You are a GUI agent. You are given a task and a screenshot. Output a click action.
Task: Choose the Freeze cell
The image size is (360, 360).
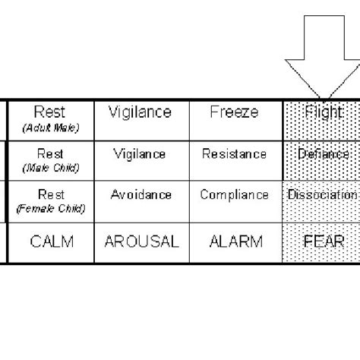[234, 113]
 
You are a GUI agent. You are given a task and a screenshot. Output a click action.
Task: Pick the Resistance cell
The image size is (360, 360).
[234, 154]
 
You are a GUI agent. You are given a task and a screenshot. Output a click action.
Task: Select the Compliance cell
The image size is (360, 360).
[234, 194]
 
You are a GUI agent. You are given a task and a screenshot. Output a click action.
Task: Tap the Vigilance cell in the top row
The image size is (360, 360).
[140, 113]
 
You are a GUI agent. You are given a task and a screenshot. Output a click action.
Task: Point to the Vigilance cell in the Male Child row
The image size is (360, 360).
[140, 154]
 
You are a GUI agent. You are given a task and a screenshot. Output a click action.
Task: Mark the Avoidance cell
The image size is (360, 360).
[140, 194]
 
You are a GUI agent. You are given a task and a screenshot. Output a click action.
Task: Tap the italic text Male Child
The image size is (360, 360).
[51, 167]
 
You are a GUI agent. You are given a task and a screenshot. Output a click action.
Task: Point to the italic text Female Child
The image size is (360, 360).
[51, 208]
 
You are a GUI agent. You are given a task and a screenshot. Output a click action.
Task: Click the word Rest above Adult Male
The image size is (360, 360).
[51, 112]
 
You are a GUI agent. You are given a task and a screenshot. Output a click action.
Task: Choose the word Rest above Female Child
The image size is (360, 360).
[51, 193]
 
